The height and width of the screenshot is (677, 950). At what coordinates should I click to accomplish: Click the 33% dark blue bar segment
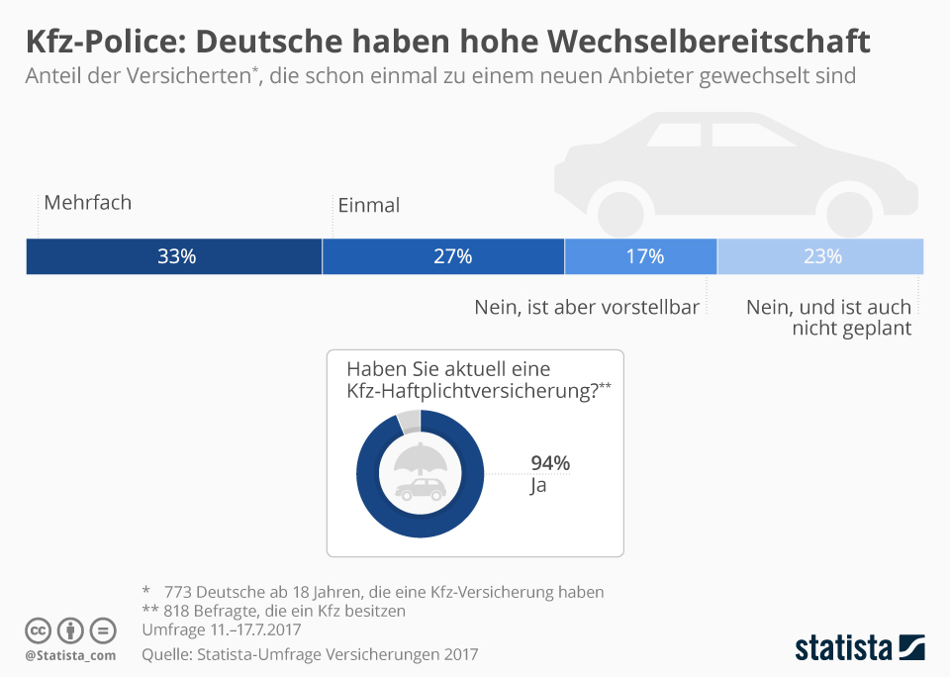pos(174,256)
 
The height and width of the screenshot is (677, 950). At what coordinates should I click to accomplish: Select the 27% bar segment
pos(443,256)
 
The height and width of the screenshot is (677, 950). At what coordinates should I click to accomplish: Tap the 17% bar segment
pos(641,256)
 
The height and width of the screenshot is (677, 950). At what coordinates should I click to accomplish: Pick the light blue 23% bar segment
pos(820,256)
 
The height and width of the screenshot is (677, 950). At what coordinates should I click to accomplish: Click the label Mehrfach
pos(87,203)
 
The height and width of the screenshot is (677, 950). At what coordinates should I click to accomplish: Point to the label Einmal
pos(368,206)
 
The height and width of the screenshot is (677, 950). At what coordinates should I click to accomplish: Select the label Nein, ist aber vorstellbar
pos(587,307)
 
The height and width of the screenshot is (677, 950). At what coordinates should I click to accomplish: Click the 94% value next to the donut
pos(550,463)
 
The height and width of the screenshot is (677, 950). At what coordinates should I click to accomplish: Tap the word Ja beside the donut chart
pos(538,486)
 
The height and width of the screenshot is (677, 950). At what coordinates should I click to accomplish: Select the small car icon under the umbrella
pos(421,489)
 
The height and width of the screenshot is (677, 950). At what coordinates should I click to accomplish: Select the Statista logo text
pos(843,648)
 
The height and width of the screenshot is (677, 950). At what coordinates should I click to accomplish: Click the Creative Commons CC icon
pos(38,630)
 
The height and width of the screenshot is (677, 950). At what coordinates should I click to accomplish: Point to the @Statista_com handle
pos(70,655)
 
